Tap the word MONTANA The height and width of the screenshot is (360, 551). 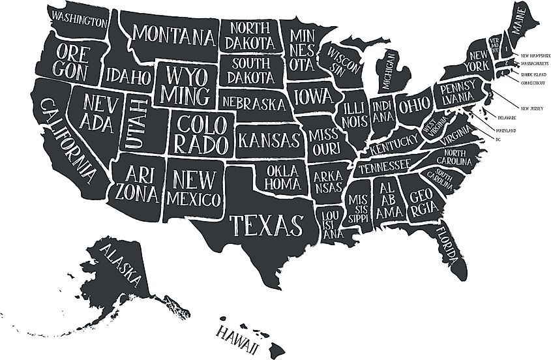click(x=175, y=33)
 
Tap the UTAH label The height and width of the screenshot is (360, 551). click(x=136, y=123)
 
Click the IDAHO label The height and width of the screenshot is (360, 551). click(x=128, y=76)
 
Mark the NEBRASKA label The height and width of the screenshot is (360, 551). click(x=254, y=103)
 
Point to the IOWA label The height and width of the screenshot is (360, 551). click(x=314, y=97)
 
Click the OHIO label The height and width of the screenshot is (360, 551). click(x=415, y=105)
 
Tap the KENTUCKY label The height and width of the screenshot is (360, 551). click(x=393, y=144)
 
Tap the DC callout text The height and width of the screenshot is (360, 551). click(x=498, y=139)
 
